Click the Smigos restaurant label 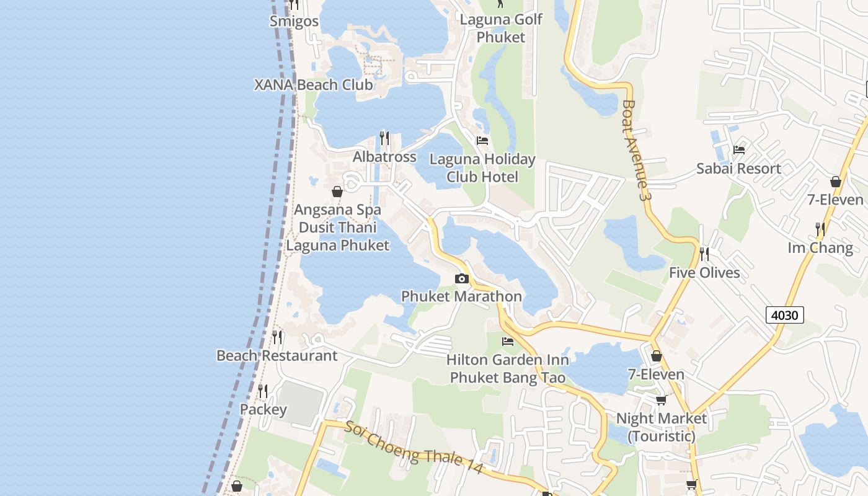(294, 21)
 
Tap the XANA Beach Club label (314, 85)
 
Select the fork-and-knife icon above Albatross (384, 138)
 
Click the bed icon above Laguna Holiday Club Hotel (482, 141)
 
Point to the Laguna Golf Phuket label (501, 28)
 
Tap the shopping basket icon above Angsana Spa (337, 192)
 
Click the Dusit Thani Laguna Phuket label (338, 236)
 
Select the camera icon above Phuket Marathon (461, 279)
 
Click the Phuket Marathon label (461, 296)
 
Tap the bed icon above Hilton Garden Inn (508, 342)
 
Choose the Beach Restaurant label (277, 356)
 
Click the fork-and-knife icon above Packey (263, 391)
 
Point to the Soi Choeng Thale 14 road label (414, 448)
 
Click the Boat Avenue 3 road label (637, 150)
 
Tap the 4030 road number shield (784, 315)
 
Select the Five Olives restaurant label (704, 273)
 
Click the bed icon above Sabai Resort (738, 150)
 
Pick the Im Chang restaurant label (820, 248)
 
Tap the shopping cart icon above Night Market (661, 400)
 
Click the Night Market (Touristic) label (661, 427)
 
